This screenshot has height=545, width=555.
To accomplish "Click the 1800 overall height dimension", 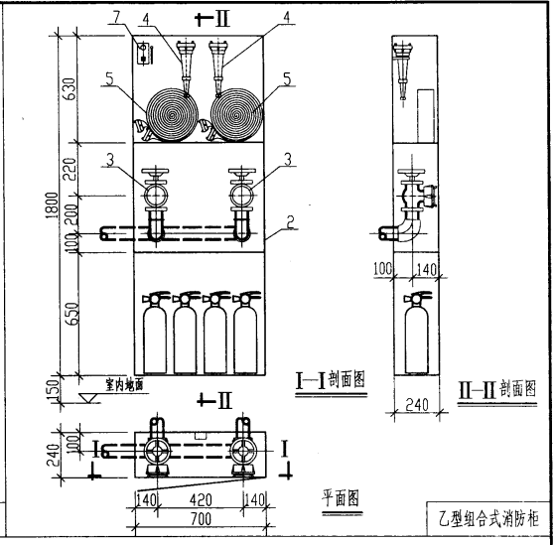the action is pyautogui.click(x=52, y=205).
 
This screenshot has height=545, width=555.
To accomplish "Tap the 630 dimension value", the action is pyautogui.click(x=69, y=88).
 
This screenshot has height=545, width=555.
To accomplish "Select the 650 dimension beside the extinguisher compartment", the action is pyautogui.click(x=72, y=314).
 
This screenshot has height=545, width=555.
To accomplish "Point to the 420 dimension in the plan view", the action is pyautogui.click(x=201, y=500).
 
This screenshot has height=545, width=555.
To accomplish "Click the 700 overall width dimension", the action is pyautogui.click(x=201, y=519).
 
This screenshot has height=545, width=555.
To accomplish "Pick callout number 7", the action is pyautogui.click(x=116, y=17).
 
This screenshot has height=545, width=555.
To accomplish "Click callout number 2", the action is pyautogui.click(x=290, y=222).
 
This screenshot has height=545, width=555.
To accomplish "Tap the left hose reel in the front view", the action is pyautogui.click(x=173, y=115).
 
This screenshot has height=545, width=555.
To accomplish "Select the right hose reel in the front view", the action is pyautogui.click(x=236, y=115).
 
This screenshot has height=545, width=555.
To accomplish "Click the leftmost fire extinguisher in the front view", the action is pyautogui.click(x=155, y=333).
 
